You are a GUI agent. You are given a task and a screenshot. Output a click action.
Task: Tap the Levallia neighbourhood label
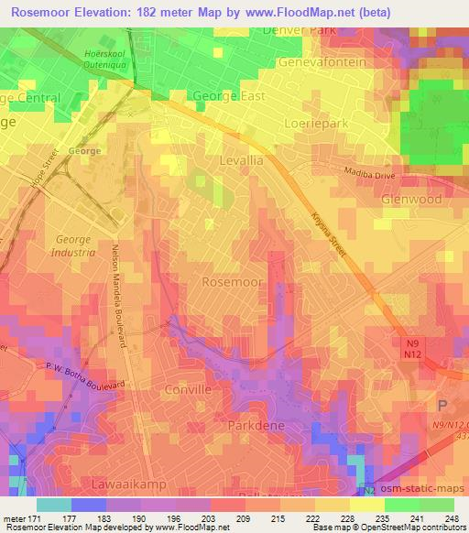coord(242,159)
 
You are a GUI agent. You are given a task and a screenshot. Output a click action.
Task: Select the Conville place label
coord(188,389)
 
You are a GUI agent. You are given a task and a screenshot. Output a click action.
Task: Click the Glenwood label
coord(411,199)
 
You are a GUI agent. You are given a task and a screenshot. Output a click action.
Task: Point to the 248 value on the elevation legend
coord(453,519)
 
